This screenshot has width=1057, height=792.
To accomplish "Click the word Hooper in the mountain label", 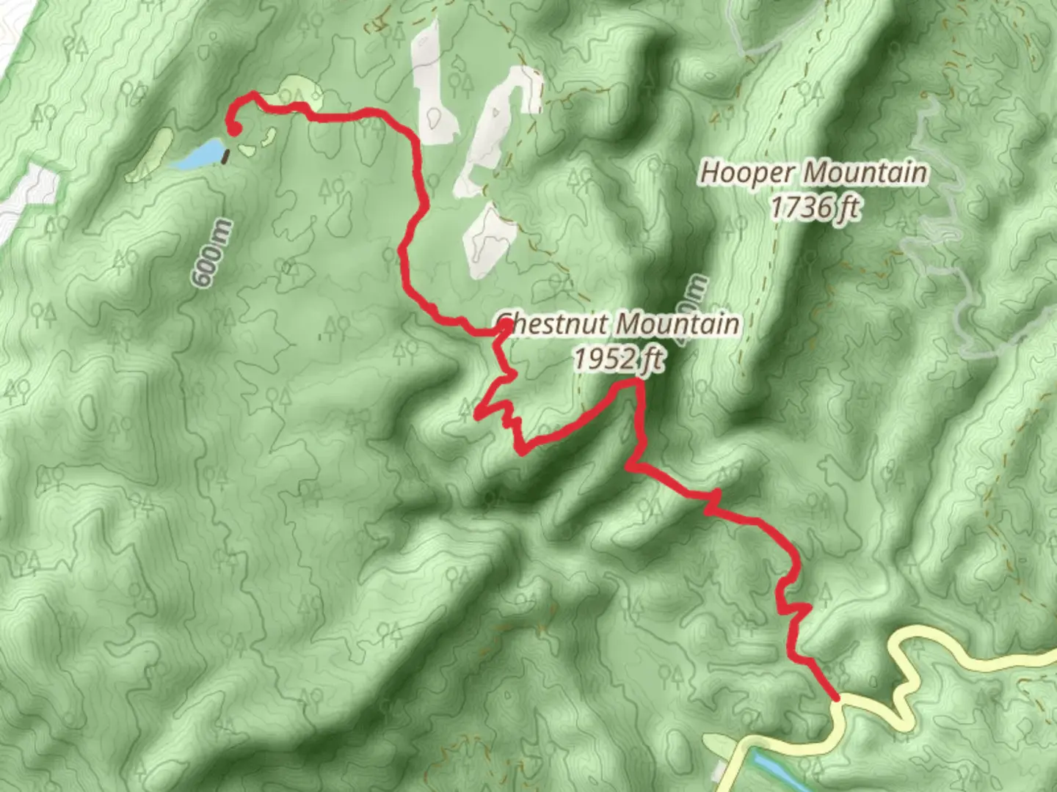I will pyautogui.click(x=747, y=174).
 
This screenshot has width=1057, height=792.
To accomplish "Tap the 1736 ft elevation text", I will pyautogui.click(x=814, y=208).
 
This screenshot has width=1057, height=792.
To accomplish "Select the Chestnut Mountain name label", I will pyautogui.click(x=619, y=323).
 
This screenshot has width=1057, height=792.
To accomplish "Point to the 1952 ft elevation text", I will pyautogui.click(x=618, y=359).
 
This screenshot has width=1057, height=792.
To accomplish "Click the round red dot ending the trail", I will pyautogui.click(x=234, y=131).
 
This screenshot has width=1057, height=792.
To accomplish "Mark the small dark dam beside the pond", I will pyautogui.click(x=226, y=155).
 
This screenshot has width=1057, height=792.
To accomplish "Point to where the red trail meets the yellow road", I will pyautogui.click(x=836, y=699).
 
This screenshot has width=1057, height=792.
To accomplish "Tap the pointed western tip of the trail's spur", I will pyautogui.click(x=477, y=415).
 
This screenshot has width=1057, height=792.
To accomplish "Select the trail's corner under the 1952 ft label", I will pyautogui.click(x=637, y=381).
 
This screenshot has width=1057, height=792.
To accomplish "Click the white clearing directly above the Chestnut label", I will pyautogui.click(x=487, y=242).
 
